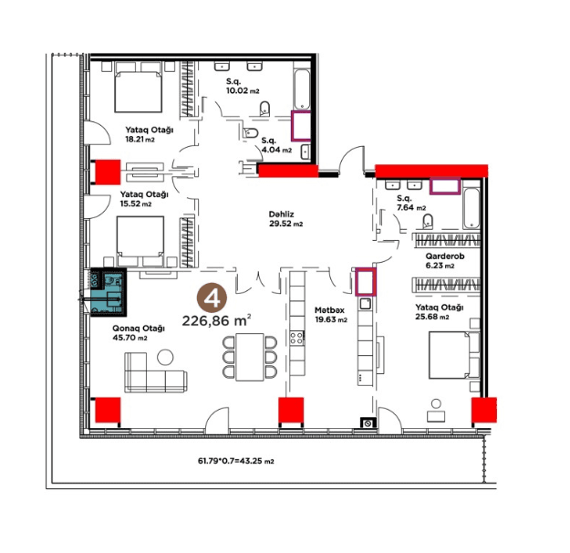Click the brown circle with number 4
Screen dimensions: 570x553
(x=212, y=298)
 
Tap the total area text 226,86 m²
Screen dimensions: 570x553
(x=217, y=320)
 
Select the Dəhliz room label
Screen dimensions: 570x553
(x=282, y=214)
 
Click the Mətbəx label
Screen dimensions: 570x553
(x=329, y=310)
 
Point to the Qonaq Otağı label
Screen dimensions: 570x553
(x=139, y=329)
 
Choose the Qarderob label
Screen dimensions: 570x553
(x=445, y=256)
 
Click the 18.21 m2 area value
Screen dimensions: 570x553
(x=140, y=139)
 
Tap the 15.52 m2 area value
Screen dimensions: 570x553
(x=136, y=203)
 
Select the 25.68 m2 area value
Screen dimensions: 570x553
(x=432, y=317)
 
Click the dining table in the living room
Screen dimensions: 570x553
(x=250, y=357)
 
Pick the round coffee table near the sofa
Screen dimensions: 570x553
(x=165, y=357)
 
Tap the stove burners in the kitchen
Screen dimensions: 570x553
(x=297, y=338)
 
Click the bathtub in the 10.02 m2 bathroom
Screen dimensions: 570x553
(x=302, y=89)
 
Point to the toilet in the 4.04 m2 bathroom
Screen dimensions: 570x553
(x=251, y=132)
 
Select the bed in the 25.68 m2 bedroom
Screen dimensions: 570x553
(x=454, y=355)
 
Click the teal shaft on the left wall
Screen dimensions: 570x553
(x=109, y=292)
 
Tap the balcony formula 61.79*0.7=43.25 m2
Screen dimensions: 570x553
(x=235, y=461)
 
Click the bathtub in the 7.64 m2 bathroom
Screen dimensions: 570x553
(x=472, y=208)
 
